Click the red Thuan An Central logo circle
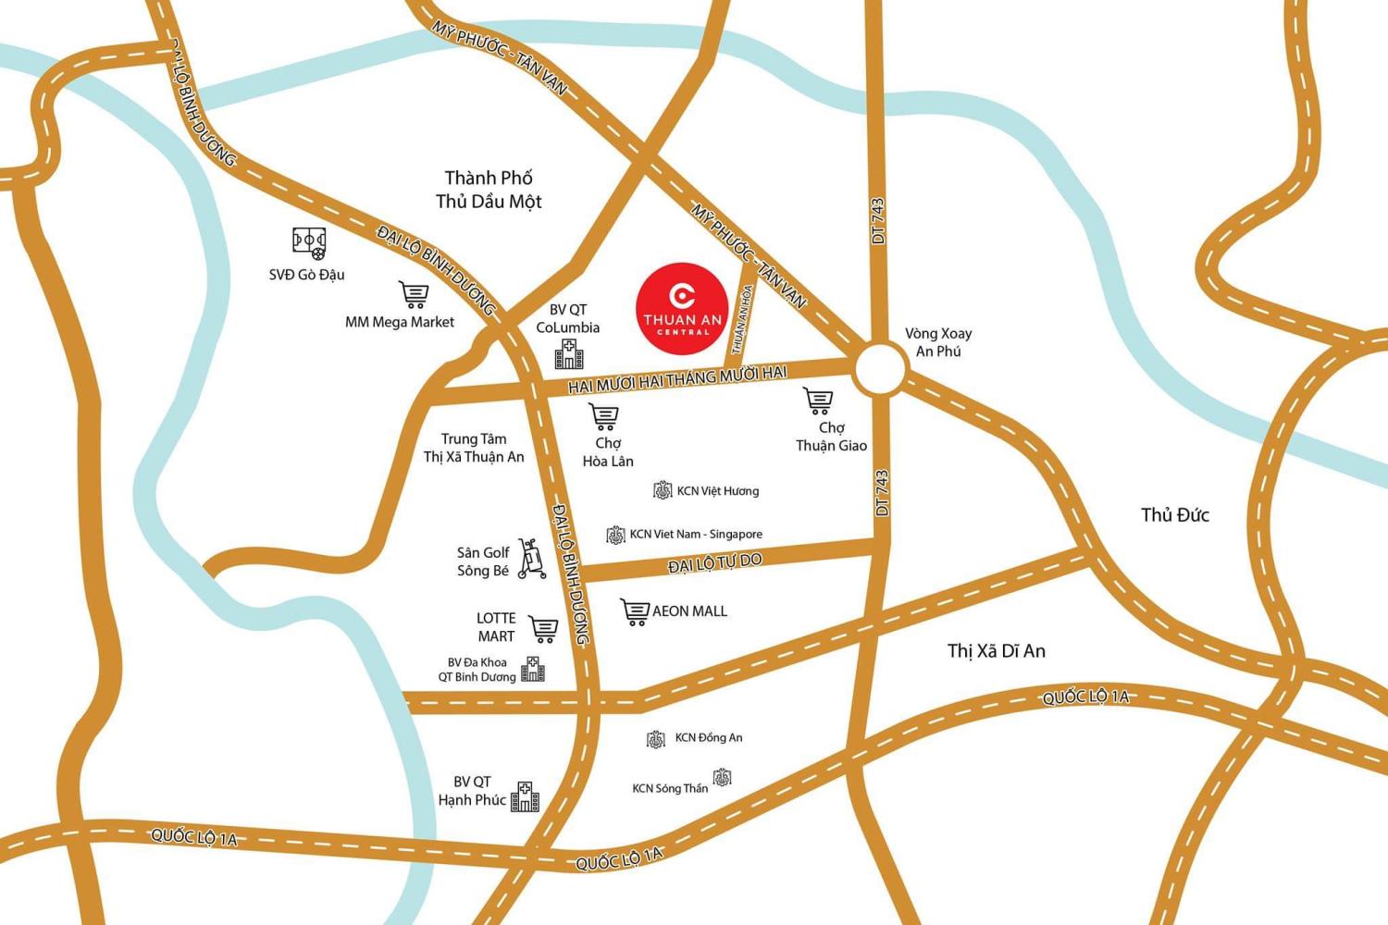683,309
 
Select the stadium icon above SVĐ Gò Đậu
309,242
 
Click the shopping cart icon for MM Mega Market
414,295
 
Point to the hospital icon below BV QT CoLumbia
569,354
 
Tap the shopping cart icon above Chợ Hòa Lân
604,417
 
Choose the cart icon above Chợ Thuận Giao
819,401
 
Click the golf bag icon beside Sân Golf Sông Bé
530,559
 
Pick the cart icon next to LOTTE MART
544,629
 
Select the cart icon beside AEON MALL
635,611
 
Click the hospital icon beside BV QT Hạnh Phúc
525,796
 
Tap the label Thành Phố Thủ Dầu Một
489,190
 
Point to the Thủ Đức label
1174,515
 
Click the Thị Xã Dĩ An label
996,651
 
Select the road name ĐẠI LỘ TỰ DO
714,562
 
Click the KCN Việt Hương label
717,491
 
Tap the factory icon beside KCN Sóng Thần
722,777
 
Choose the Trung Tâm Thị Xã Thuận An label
474,448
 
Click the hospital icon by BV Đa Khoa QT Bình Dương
533,669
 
